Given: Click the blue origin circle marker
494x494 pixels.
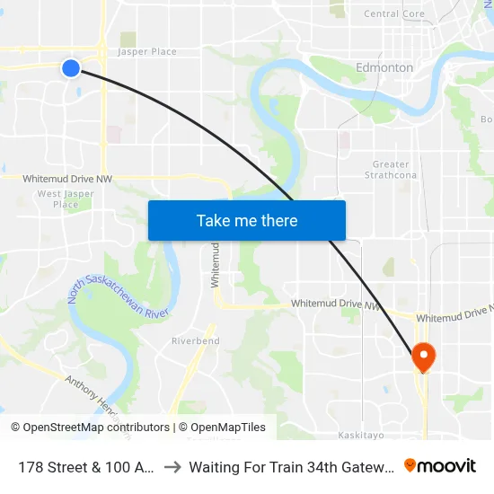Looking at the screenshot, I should [71, 67].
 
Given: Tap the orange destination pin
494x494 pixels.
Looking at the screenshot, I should [422, 357].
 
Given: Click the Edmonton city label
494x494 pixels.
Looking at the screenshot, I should [384, 67].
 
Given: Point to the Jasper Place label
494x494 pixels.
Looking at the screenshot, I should [147, 52].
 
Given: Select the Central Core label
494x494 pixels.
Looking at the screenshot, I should [394, 13].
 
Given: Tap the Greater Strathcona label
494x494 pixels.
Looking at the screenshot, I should [391, 169].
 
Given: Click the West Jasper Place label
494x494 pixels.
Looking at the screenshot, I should [66, 198].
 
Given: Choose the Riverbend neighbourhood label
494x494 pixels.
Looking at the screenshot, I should [196, 341].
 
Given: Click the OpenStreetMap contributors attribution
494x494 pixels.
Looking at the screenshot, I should [90, 428].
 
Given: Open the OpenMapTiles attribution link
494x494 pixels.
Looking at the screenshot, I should [222, 428].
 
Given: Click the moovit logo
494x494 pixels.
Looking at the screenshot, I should [440, 465].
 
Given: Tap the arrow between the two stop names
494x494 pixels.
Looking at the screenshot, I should [172, 466].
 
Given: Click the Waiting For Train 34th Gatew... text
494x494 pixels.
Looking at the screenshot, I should [289, 466].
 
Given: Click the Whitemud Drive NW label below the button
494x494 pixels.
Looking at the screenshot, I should [334, 305].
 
